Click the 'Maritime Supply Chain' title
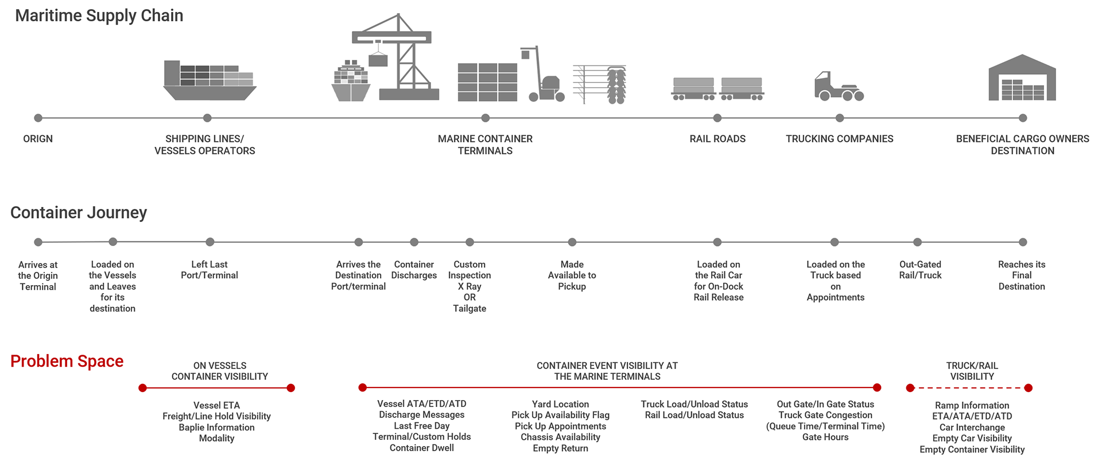click(99, 16)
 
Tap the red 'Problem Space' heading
click(67, 362)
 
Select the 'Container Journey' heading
click(79, 213)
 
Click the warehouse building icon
click(1022, 79)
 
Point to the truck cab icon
click(839, 87)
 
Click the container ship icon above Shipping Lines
click(209, 80)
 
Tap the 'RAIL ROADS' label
click(717, 139)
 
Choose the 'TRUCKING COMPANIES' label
click(839, 139)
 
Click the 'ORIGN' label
click(38, 139)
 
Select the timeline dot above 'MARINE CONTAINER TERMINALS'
click(486, 118)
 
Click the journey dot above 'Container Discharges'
click(414, 242)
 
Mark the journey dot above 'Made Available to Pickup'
click(572, 242)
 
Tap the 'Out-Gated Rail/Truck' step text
click(920, 270)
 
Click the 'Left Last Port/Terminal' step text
click(209, 270)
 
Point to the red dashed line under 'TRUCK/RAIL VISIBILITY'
click(969, 388)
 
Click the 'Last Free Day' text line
click(421, 426)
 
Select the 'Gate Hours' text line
click(825, 437)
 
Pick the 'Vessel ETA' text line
click(216, 405)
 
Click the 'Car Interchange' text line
click(972, 427)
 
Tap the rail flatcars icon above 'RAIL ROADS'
click(717, 89)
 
